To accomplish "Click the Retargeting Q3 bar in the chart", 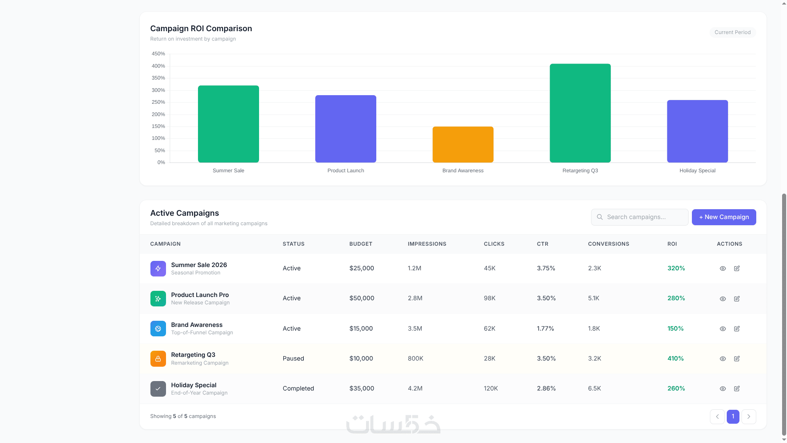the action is click(580, 113).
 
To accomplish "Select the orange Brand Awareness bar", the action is click(463, 144).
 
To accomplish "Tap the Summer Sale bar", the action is click(228, 124).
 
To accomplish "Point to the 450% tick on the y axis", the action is click(158, 54).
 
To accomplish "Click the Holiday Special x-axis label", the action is click(697, 171).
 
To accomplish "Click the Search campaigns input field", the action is click(639, 217).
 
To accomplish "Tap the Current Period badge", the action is click(732, 32).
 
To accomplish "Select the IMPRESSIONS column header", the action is click(427, 244).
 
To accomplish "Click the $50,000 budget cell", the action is click(362, 298).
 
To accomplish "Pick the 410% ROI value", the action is click(676, 359).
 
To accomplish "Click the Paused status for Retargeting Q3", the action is click(293, 359).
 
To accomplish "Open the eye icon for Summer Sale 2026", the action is click(723, 269).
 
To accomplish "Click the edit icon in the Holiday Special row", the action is click(737, 389).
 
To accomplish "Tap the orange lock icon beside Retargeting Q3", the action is click(158, 359).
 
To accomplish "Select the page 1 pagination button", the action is click(733, 417).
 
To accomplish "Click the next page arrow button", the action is click(748, 417).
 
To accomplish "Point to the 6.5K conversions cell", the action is click(594, 388).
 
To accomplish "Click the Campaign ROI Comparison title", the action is click(201, 29).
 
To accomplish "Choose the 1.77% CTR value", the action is click(545, 329).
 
